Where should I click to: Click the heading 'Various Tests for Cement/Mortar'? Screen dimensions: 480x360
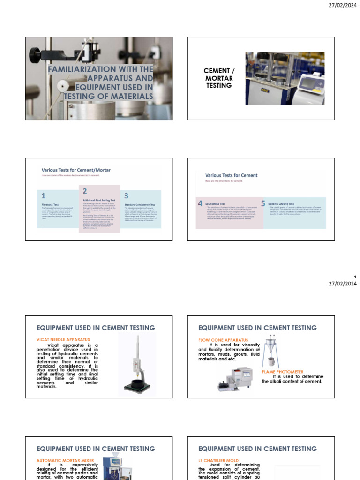pyautogui.click(x=76, y=170)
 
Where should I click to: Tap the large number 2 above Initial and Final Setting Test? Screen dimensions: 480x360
pyautogui.click(x=85, y=191)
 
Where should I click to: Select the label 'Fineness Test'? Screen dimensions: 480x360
pyautogui.click(x=50, y=205)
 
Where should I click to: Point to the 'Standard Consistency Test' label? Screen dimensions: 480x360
pyautogui.click(x=139, y=205)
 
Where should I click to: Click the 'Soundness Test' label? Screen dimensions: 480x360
pyautogui.click(x=215, y=204)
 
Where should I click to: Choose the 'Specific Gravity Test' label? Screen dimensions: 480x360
pyautogui.click(x=281, y=204)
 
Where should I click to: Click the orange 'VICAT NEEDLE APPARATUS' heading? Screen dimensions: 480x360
pyautogui.click(x=63, y=339)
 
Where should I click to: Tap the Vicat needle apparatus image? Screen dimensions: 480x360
pyautogui.click(x=137, y=364)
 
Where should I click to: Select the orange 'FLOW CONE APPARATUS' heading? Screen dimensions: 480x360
pyautogui.click(x=223, y=340)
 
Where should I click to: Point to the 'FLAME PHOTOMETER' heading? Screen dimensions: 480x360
pyautogui.click(x=282, y=372)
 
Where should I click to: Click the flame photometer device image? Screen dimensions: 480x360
pyautogui.click(x=235, y=379)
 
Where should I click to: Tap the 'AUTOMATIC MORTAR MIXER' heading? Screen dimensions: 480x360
pyautogui.click(x=65, y=460)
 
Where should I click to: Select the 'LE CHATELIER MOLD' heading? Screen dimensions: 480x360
pyautogui.click(x=218, y=460)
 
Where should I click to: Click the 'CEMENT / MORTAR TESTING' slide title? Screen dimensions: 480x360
pyautogui.click(x=219, y=78)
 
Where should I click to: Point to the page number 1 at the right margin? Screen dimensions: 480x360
pyautogui.click(x=355, y=277)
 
